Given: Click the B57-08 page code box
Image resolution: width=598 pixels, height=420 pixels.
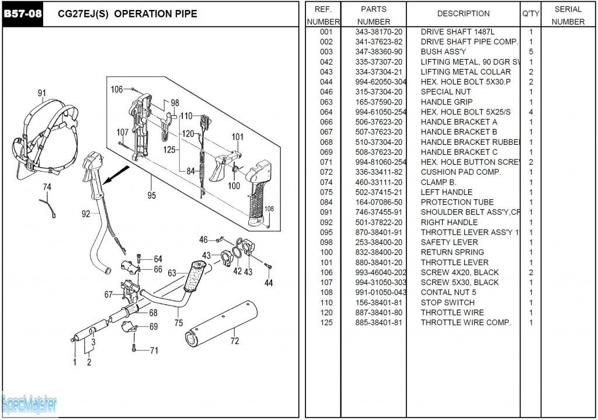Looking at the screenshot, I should tap(23, 13).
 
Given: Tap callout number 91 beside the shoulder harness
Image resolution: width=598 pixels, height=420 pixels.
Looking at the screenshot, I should tap(41, 93).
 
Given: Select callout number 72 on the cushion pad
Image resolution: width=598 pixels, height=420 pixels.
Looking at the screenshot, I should tap(234, 341).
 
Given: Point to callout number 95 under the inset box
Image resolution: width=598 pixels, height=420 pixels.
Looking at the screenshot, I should tap(152, 196).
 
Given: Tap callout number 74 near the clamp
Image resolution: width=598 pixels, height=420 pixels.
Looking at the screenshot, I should tap(47, 187).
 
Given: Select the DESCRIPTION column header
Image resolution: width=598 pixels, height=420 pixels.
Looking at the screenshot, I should tap(463, 13).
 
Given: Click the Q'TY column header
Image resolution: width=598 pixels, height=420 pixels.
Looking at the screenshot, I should tap(530, 13).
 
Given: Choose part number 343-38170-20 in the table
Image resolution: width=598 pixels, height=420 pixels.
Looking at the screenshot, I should tap(379, 32).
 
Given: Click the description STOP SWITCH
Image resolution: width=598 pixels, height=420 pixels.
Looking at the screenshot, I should tap(447, 303).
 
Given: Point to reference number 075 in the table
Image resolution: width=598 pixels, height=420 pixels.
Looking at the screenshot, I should tap(326, 192).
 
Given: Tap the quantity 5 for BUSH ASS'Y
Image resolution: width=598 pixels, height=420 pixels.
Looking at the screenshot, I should tap(531, 51).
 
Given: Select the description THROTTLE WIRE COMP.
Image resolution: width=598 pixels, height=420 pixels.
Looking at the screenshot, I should tap(465, 322).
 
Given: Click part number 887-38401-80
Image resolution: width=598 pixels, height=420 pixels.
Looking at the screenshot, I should tap(379, 313).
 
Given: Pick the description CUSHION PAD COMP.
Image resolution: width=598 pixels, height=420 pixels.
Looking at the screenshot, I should tap(460, 172).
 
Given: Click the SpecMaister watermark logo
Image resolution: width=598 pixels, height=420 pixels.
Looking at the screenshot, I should tap(29, 404).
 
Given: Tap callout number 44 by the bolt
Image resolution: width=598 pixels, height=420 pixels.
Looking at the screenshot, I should tap(268, 283).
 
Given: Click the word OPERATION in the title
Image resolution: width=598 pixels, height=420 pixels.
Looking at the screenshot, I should tap(140, 13).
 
